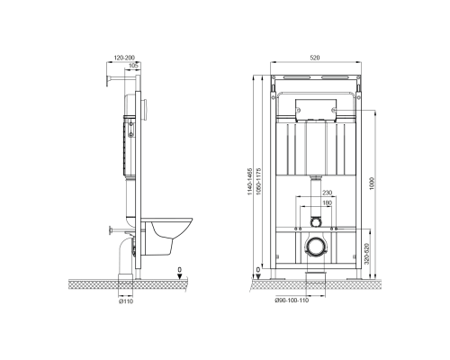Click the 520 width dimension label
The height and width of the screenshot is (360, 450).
pyautogui.click(x=315, y=58)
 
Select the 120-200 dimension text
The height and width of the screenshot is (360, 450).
pyautogui.click(x=124, y=58)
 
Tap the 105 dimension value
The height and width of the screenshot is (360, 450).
pyautogui.click(x=133, y=65)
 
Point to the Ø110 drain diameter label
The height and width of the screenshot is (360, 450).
pyautogui.click(x=126, y=301)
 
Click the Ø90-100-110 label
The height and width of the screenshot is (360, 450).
pyautogui.click(x=292, y=301)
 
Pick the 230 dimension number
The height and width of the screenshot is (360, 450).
pyautogui.click(x=327, y=193)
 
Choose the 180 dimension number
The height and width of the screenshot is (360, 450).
pyautogui.click(x=327, y=203)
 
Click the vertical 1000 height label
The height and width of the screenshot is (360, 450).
pyautogui.click(x=372, y=184)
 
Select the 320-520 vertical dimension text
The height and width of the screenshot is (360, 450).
pyautogui.click(x=366, y=254)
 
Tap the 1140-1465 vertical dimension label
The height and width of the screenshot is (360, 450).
pyautogui.click(x=249, y=182)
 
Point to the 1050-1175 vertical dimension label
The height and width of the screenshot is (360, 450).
pyautogui.click(x=258, y=182)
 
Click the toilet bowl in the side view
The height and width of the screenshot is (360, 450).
pyautogui.click(x=166, y=236)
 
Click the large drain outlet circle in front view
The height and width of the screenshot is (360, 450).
pyautogui.click(x=315, y=247)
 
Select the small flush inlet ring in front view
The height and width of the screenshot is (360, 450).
pyautogui.click(x=315, y=222)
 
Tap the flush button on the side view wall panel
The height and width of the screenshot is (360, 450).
pyautogui.click(x=145, y=110)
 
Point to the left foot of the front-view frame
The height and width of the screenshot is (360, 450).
pyautogui.click(x=274, y=274)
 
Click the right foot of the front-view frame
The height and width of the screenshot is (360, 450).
pyautogui.click(x=357, y=274)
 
